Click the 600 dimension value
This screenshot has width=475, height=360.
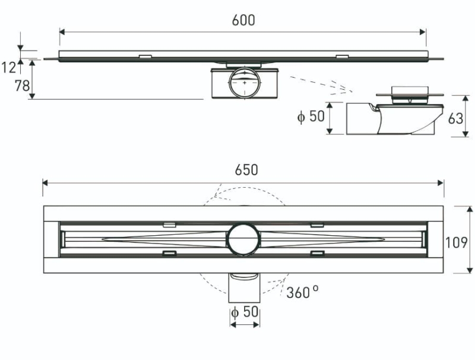pos(243,20)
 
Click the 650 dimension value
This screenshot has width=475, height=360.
pos(246,170)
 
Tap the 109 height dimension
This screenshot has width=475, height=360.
pos(457,242)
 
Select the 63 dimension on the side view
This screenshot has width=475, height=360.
pos(456,118)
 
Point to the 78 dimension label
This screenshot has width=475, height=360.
pos(23,86)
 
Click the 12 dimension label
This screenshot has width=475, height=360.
pos(8,68)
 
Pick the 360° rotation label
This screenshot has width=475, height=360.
pos(303,292)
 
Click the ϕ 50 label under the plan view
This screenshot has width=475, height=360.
pos(245,311)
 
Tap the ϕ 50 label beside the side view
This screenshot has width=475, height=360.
pos(311,116)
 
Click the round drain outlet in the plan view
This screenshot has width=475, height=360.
pos(243,239)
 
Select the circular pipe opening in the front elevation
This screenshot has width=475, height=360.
pos(243,83)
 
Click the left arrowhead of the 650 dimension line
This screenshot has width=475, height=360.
pos(45,183)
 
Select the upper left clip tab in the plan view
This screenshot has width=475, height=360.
pos(169,225)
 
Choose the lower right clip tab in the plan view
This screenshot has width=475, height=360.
pos(317,253)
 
